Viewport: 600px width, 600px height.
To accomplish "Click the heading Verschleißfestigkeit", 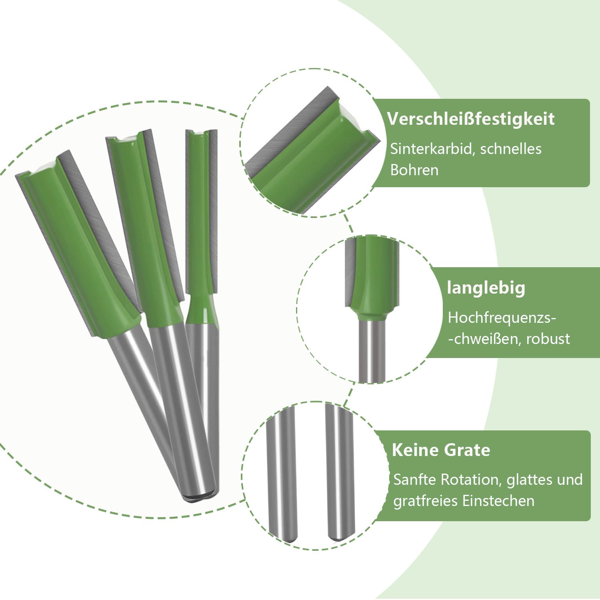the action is click(471, 119).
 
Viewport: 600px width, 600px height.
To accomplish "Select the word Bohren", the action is click(414, 170).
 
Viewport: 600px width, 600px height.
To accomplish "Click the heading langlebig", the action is click(486, 288).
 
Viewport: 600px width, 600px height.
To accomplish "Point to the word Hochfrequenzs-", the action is click(502, 318).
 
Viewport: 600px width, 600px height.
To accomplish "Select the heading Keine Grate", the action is click(441, 450).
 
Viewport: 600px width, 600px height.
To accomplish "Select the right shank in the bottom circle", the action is click(340, 472).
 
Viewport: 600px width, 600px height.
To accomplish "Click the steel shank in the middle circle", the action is click(372, 348).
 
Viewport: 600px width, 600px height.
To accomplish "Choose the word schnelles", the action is click(511, 149).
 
